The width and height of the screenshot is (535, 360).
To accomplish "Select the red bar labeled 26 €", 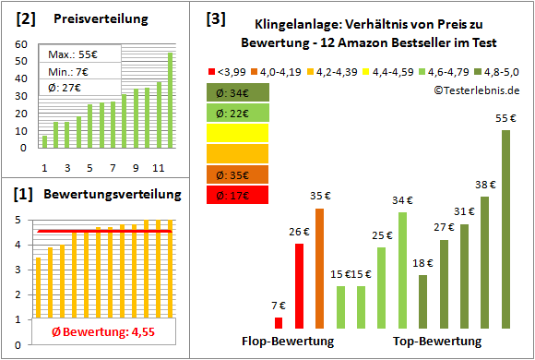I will (299, 285).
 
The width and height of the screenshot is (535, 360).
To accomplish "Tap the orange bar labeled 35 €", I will (319, 268).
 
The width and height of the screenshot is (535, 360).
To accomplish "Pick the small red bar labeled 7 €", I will (279, 322).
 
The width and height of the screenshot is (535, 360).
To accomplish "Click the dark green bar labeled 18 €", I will (422, 301).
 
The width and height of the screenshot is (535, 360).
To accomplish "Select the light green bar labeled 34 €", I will (402, 270).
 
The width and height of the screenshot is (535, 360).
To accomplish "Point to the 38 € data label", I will (485, 185).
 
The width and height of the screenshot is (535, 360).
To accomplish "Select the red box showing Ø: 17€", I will (238, 195).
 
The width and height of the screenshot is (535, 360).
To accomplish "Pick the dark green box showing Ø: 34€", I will (238, 92).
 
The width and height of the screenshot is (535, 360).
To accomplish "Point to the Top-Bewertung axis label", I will (436, 342).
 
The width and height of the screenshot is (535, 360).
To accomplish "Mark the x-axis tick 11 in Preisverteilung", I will (157, 167).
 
